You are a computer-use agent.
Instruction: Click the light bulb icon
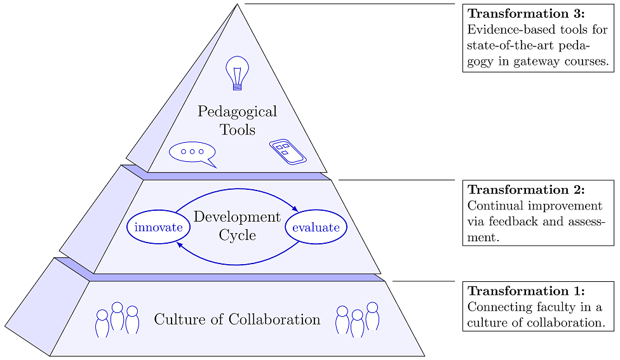[237, 73]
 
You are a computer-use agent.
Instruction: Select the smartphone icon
[287, 152]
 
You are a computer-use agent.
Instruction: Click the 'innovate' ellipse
[159, 227]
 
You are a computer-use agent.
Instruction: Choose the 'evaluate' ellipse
[316, 227]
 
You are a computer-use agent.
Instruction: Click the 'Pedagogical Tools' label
[237, 121]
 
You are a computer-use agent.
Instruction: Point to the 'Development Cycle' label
[237, 225]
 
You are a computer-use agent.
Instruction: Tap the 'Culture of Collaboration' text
[237, 319]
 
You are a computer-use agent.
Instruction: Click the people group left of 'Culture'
[117, 319]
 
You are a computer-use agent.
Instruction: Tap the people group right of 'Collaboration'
[357, 319]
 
